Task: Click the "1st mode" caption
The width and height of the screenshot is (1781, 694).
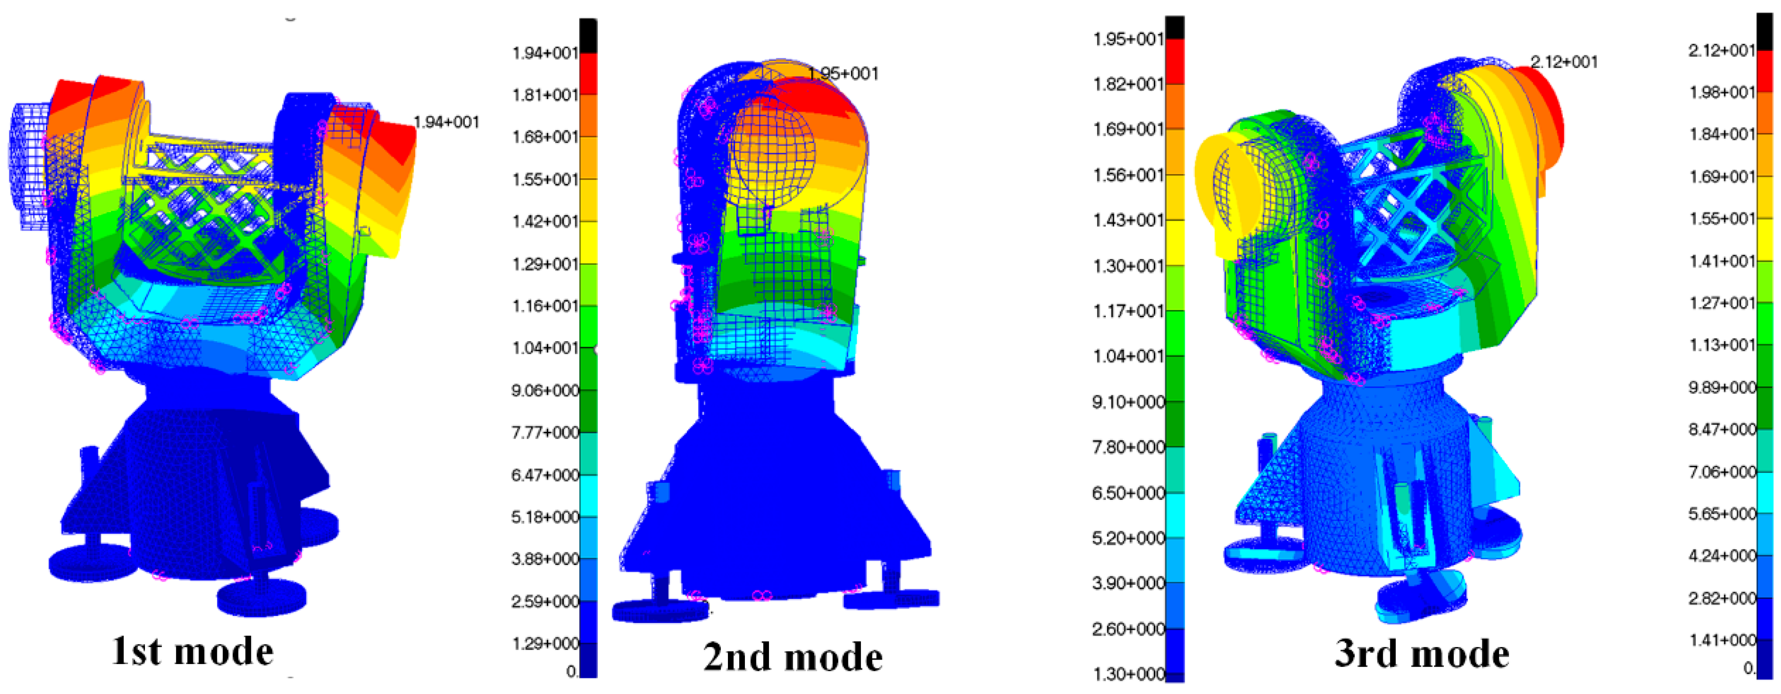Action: [x=192, y=651]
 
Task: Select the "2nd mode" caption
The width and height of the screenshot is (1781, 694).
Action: [x=793, y=656]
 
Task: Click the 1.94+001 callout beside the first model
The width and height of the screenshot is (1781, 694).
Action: [x=446, y=122]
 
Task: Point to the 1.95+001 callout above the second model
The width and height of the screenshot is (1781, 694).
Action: [x=843, y=73]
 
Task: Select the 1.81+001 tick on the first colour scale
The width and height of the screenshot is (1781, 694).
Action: [x=545, y=94]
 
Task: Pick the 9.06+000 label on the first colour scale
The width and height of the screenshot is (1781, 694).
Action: [x=545, y=390]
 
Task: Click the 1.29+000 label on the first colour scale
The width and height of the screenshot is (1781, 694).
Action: [x=545, y=644]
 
